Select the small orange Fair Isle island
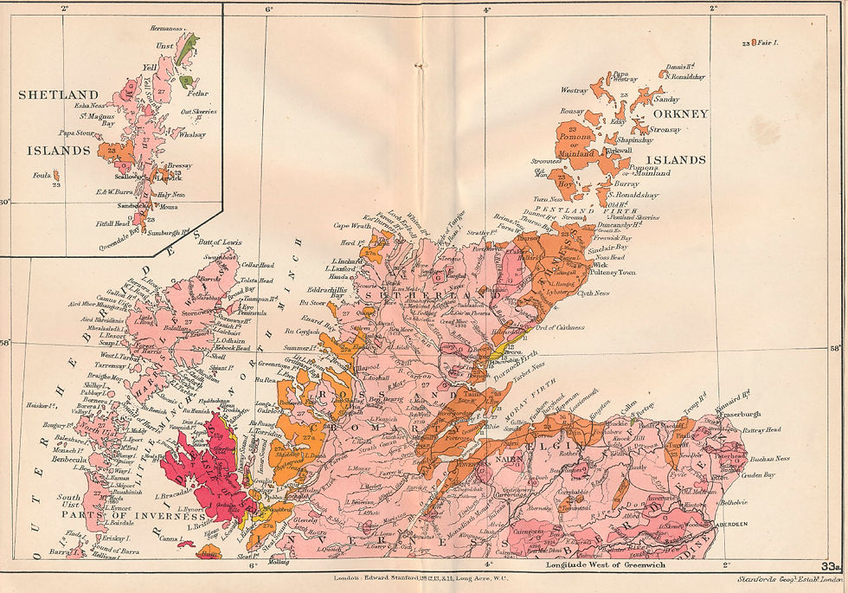point(753,42)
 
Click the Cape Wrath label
point(352,226)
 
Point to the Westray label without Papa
point(574,89)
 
